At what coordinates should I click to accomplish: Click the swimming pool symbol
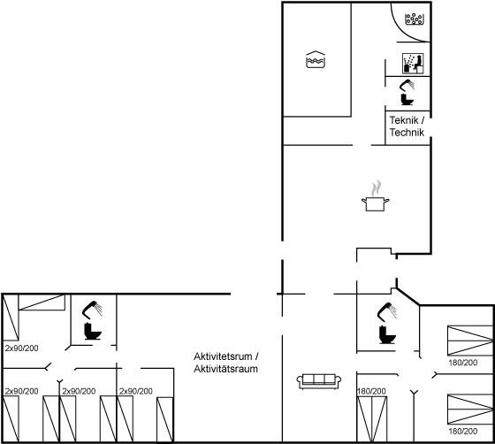click(316, 59)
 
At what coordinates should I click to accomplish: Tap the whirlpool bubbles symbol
click(415, 19)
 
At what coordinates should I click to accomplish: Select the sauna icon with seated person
click(413, 63)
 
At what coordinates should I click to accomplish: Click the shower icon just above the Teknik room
click(407, 84)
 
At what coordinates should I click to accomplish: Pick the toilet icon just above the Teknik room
click(407, 99)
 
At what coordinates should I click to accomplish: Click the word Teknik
click(404, 120)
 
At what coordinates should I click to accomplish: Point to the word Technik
click(407, 133)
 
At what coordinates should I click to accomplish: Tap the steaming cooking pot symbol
click(376, 195)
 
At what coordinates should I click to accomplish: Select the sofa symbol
click(319, 381)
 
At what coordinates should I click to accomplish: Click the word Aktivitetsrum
click(223, 356)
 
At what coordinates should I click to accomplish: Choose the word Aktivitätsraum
click(225, 369)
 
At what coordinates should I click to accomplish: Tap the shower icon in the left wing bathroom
click(93, 309)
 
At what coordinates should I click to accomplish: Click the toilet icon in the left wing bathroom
click(93, 331)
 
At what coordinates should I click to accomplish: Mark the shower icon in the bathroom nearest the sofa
click(387, 310)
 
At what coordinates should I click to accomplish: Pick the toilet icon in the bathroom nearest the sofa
click(387, 334)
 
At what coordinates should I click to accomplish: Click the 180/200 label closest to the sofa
click(371, 391)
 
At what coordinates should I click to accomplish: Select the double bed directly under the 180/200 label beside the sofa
click(372, 419)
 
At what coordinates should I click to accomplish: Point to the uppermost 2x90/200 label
click(22, 348)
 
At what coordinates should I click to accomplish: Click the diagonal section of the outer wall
click(407, 296)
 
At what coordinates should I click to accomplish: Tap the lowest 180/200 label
click(463, 431)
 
